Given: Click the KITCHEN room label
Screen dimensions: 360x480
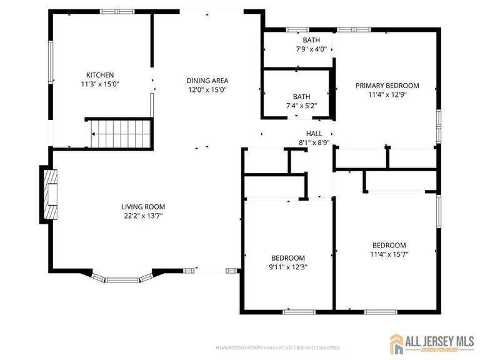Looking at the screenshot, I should click(x=100, y=75).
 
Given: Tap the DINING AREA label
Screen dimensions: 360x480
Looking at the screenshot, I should click(x=207, y=81).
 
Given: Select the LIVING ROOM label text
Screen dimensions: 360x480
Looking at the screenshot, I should click(x=143, y=207).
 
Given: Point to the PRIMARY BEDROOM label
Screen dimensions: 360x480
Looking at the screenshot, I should click(x=387, y=86).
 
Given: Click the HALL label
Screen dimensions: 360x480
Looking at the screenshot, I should click(x=314, y=134).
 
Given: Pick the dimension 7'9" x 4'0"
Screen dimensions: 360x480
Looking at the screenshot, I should click(x=311, y=49).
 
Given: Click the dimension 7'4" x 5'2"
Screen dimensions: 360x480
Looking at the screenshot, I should click(x=302, y=106).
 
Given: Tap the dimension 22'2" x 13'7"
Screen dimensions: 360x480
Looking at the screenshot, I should click(x=143, y=216).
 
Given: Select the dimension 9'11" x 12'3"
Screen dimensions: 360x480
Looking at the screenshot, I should click(x=287, y=267).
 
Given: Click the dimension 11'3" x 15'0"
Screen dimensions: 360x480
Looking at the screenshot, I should click(x=100, y=84).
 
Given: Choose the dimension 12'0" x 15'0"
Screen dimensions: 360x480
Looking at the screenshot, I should click(x=207, y=89).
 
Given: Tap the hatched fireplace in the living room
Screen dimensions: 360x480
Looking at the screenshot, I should click(x=50, y=194).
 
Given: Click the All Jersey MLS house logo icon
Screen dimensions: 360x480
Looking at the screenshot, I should click(x=396, y=342).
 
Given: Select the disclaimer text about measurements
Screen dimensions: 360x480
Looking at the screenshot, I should click(x=277, y=347).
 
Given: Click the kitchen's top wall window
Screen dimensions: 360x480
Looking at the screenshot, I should click(x=117, y=11).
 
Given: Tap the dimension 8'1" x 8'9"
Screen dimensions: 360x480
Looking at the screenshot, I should click(x=314, y=142).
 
